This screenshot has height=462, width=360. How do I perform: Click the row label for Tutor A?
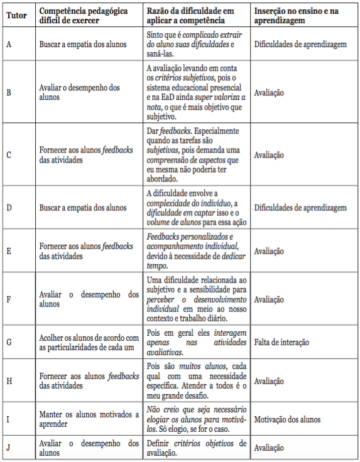click(9, 45)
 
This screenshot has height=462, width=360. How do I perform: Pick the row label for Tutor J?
click(9, 448)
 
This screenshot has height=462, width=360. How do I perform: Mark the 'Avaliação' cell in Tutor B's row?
click(270, 92)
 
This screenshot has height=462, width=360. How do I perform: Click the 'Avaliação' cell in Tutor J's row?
click(270, 448)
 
